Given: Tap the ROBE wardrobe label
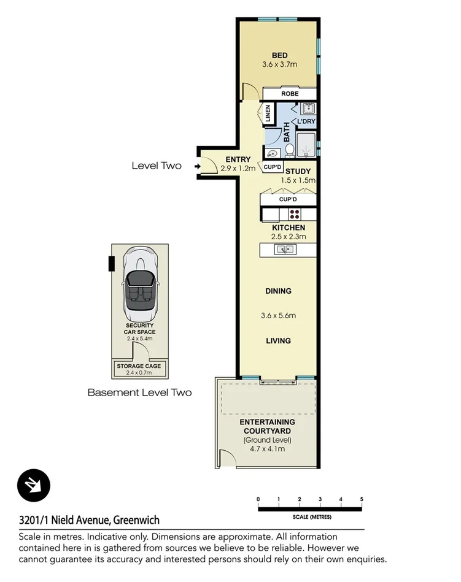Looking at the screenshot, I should pos(290,94).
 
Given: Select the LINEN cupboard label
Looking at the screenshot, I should pos(268,113).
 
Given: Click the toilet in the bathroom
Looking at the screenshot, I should pos(290,150).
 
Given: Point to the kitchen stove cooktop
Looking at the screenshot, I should pos(295,215).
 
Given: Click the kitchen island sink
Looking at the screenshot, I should pos(284,249).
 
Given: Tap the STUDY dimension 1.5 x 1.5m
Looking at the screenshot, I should pos(298,180).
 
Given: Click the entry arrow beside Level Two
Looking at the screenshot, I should pos(196,166).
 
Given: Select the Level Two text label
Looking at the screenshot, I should pos(157,166).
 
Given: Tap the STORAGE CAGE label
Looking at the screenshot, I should pos(139,366).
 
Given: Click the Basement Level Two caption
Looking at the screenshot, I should pos(139,392).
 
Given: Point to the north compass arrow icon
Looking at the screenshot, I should pos(33,486).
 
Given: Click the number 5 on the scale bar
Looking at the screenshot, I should pos(362,498).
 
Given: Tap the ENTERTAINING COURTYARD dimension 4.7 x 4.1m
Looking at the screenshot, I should pos(266,449).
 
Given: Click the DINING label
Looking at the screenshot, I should pos(278,291).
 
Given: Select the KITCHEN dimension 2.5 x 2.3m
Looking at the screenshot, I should pos(289,236).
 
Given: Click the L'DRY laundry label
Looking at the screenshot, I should pos(306,122).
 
